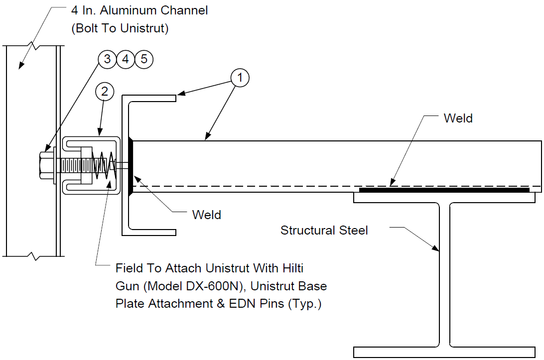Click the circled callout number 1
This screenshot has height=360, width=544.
[x=240, y=78]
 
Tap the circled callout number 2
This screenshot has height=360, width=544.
[x=105, y=92]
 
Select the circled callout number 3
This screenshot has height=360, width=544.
[x=108, y=59]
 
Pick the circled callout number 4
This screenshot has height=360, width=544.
[x=126, y=59]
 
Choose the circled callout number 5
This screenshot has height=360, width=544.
[x=143, y=59]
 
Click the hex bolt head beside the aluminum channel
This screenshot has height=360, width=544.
[x=46, y=165]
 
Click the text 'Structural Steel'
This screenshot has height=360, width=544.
[x=324, y=230]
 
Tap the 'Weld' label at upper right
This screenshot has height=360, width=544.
[x=458, y=119]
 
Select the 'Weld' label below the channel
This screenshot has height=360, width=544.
[x=206, y=215]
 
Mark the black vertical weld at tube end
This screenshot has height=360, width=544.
[x=131, y=166]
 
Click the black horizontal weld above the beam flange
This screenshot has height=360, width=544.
[x=444, y=190]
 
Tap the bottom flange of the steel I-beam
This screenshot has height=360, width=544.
[x=444, y=352]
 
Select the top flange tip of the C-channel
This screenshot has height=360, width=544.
[x=175, y=98]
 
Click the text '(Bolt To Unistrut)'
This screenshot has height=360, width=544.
[x=120, y=28]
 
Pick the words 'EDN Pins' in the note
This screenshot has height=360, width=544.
[x=257, y=303]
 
